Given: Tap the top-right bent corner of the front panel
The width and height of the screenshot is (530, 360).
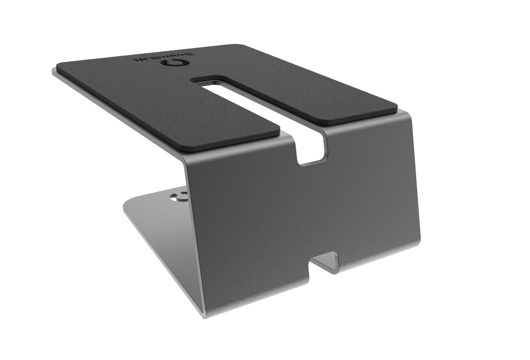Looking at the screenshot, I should [407, 112].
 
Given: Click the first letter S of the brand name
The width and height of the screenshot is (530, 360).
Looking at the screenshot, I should [190, 55].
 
